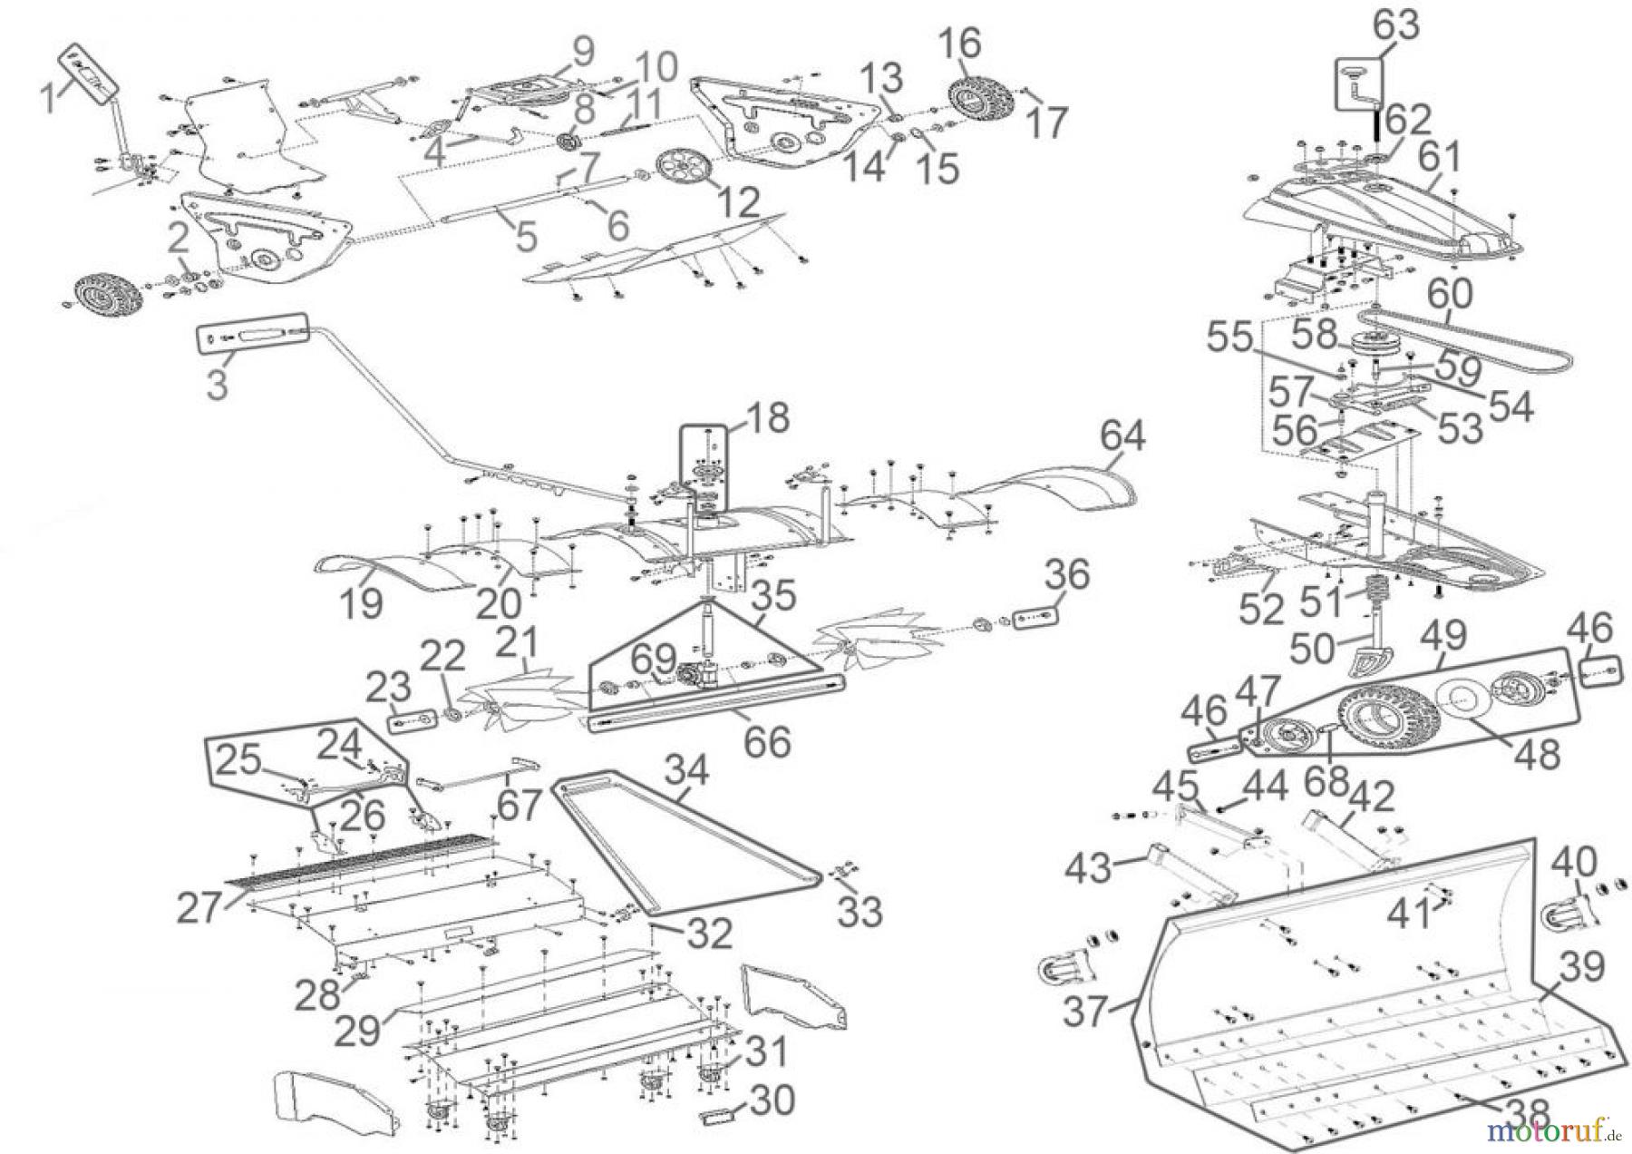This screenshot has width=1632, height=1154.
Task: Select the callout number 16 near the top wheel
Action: click(959, 44)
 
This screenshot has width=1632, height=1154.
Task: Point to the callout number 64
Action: click(1124, 436)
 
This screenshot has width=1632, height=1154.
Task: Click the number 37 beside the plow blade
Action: click(1085, 1011)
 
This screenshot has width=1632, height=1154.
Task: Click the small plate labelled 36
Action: click(1034, 617)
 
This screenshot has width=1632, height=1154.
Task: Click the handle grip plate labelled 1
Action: click(89, 73)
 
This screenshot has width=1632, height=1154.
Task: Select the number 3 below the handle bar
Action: click(217, 385)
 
